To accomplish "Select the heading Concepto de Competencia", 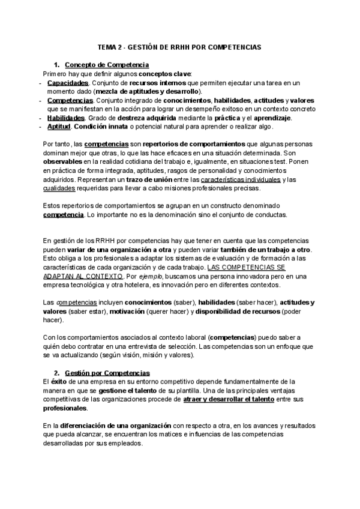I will click(107, 65).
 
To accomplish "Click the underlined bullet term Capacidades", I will click(68, 82).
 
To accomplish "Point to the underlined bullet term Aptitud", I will click(59, 127).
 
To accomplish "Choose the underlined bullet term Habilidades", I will click(67, 118).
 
